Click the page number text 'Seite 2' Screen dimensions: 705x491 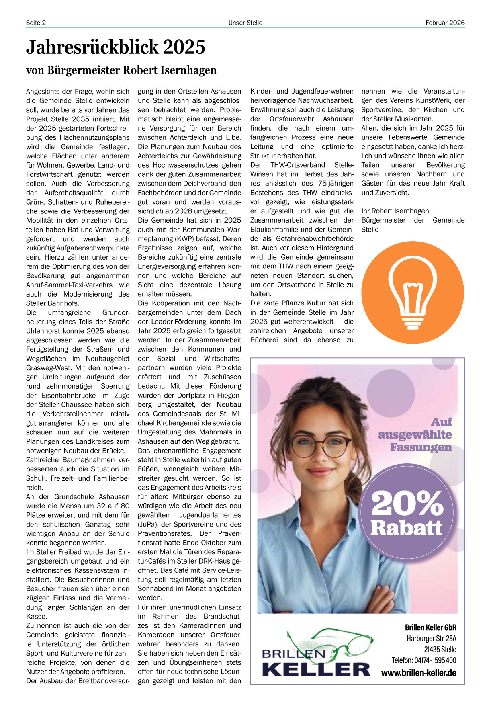(36, 23)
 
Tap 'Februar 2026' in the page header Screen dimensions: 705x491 (445, 23)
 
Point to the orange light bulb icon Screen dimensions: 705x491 (413, 292)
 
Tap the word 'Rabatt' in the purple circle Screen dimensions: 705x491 (406, 528)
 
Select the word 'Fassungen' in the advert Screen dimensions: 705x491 (421, 447)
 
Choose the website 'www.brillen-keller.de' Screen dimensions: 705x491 (419, 673)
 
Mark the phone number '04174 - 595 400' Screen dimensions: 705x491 (435, 660)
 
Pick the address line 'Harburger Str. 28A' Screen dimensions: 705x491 (431, 638)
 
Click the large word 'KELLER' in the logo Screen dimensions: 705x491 (316, 669)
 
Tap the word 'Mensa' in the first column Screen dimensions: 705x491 (69, 506)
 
